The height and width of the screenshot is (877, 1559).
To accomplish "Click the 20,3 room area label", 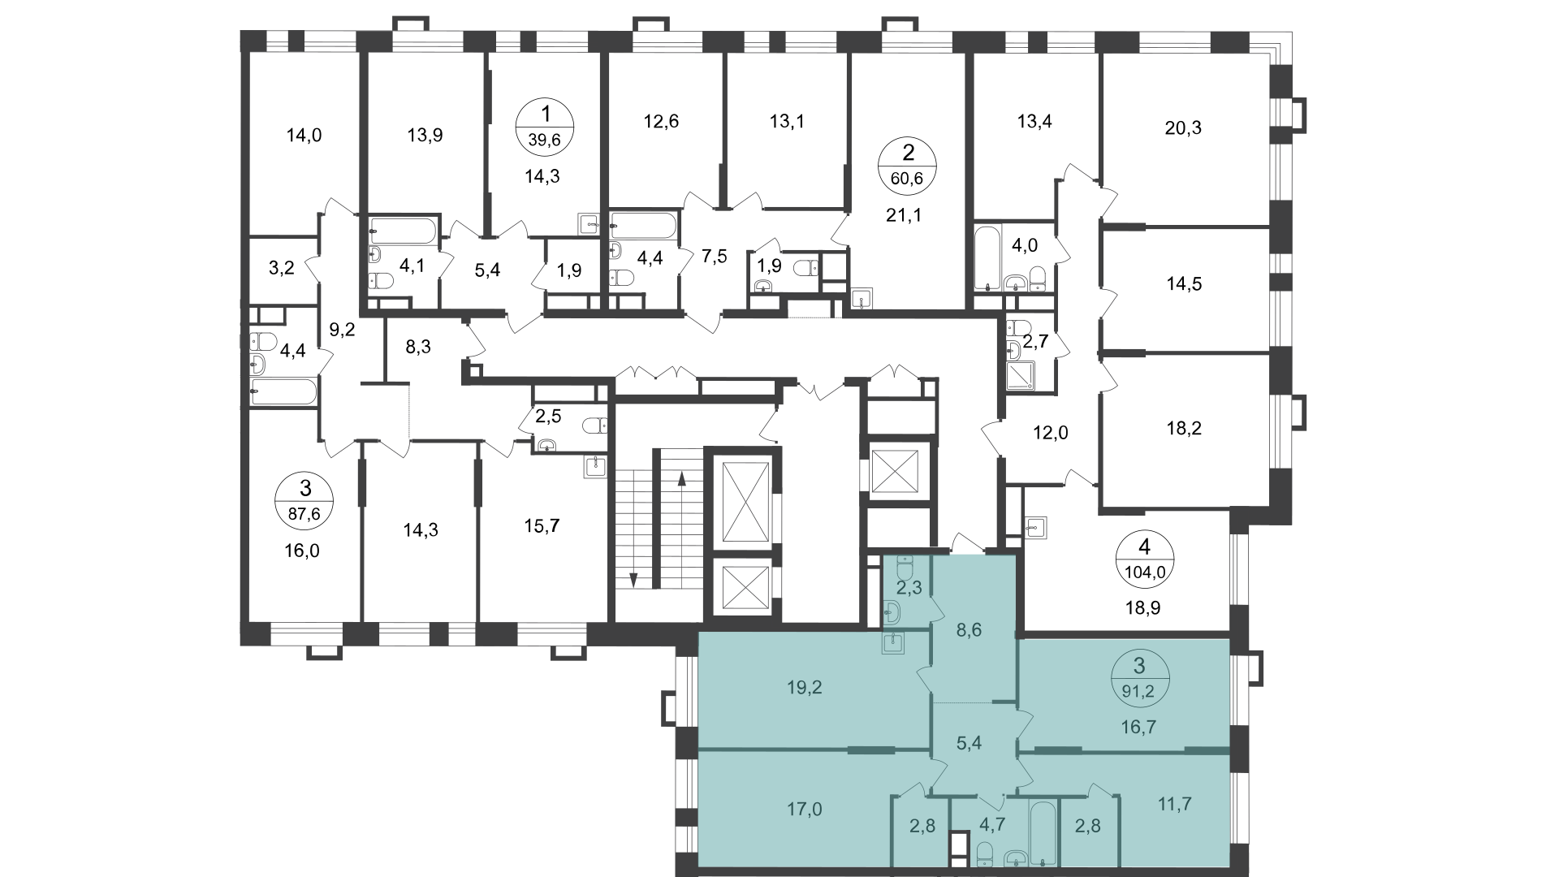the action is click(x=1182, y=127).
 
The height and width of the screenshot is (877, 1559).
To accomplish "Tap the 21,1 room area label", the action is click(x=906, y=215).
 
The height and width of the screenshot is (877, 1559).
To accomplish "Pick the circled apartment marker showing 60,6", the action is click(x=908, y=165).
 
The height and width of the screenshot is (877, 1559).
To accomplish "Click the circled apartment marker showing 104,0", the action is click(x=1145, y=557).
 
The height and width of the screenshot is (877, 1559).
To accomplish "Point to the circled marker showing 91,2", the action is click(x=1139, y=680).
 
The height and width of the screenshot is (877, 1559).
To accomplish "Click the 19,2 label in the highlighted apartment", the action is click(x=805, y=688).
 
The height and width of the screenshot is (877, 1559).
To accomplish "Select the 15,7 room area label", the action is click(x=542, y=526).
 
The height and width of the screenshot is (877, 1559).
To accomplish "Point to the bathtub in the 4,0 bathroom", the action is click(x=987, y=257).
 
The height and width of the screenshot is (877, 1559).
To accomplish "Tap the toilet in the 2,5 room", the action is click(x=594, y=426).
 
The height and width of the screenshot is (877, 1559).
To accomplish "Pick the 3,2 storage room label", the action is click(x=282, y=268).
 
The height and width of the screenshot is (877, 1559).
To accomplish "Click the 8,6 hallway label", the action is click(x=970, y=629).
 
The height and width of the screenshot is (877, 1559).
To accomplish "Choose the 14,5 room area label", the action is click(x=1184, y=284).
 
